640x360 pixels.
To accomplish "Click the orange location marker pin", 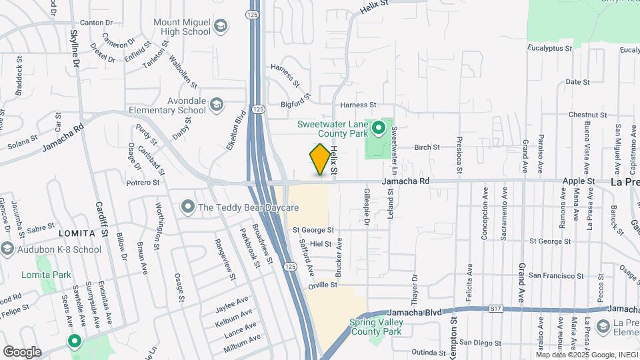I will click(x=320, y=159).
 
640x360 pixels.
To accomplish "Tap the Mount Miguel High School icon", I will click(x=220, y=27).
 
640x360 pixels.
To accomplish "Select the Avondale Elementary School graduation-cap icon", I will click(x=216, y=105).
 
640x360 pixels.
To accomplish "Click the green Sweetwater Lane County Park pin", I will click(x=379, y=127).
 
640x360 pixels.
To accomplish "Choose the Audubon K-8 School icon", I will click(x=7, y=249).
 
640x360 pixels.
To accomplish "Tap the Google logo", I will click(x=22, y=351).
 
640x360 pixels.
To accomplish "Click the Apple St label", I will click(x=579, y=181).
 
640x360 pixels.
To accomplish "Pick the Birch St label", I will click(x=427, y=147).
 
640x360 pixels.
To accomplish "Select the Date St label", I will click(x=573, y=82).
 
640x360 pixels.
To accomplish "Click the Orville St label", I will click(x=323, y=285).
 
